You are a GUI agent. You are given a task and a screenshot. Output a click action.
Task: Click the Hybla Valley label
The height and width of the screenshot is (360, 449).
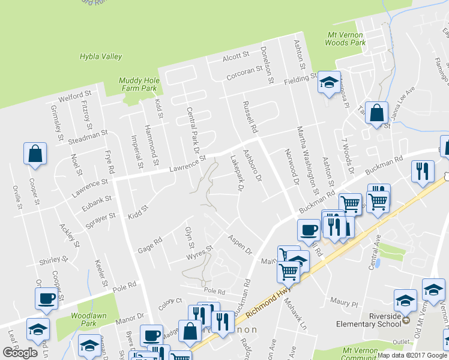coord(101,57)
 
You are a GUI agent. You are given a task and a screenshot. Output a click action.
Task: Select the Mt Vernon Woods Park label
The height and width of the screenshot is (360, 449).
coord(345,39)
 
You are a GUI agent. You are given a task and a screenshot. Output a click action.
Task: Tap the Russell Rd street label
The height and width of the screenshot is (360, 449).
coord(250,117)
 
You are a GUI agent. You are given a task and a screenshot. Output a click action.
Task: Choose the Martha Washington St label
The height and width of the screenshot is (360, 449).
coord(307,155)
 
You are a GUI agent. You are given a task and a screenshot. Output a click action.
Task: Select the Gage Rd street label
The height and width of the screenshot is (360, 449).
coord(150,244)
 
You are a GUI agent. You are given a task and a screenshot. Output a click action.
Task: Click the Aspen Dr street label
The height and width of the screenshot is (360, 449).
coord(239,244)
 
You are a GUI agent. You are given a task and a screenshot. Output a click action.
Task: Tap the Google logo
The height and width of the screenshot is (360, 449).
coord(20,353)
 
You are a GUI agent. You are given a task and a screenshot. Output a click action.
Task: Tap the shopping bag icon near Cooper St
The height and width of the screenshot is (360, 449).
coord(35,153)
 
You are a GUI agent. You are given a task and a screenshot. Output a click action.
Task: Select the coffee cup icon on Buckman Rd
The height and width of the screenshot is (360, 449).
coord(309,229)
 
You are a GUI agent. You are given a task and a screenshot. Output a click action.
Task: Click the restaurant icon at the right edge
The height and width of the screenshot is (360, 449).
coord(423,170)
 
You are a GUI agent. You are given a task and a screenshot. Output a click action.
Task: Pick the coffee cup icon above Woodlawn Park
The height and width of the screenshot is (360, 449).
coord(46,298)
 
